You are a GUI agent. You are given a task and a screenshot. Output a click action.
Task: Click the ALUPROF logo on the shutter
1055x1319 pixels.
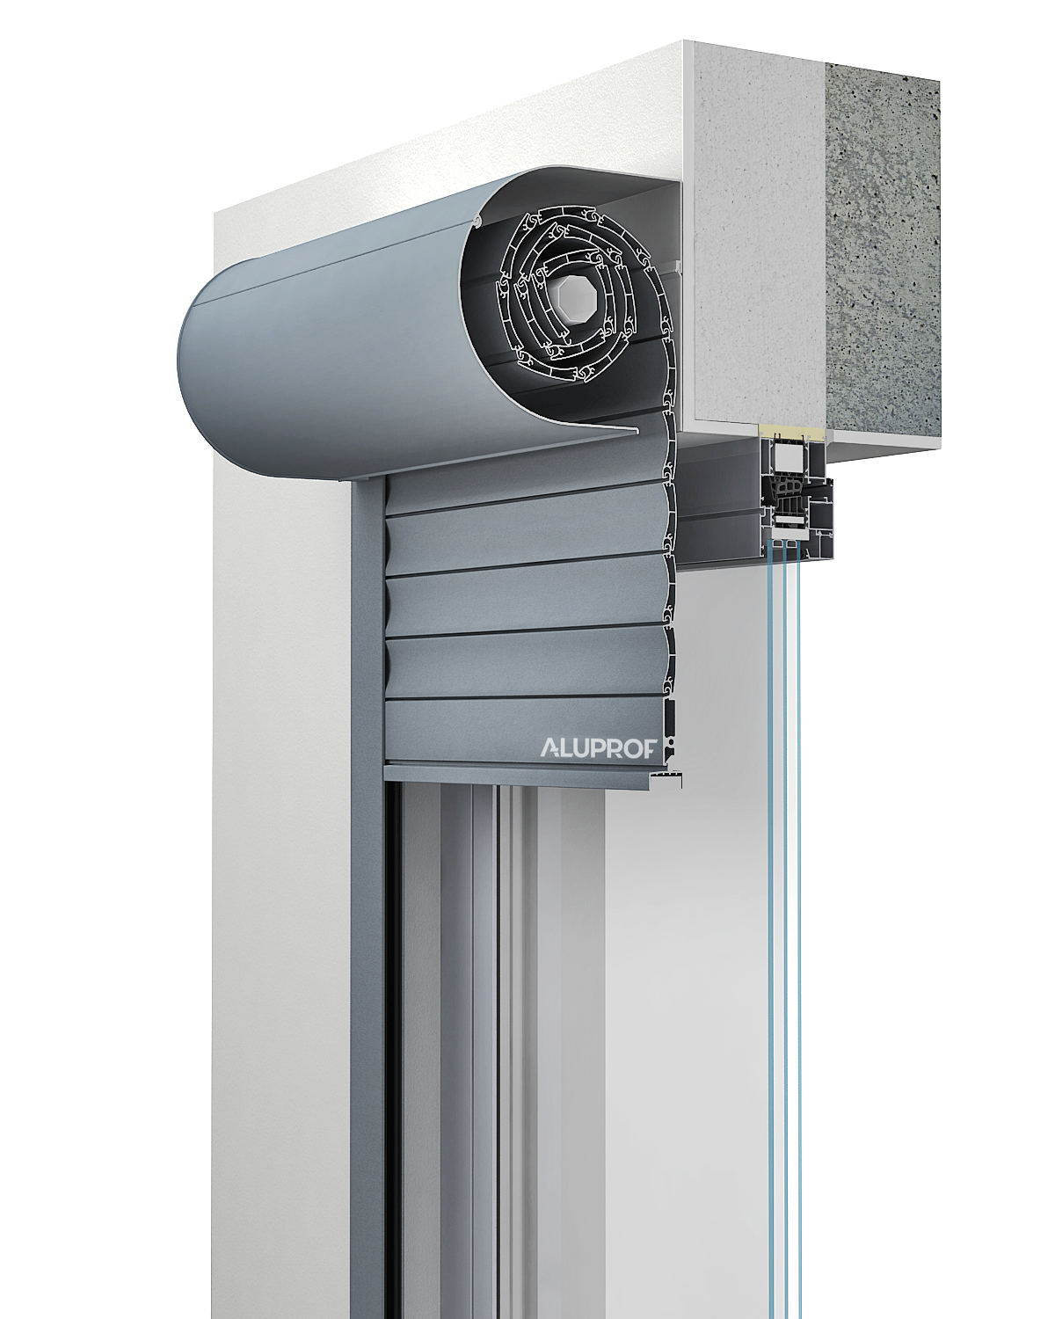(x=598, y=748)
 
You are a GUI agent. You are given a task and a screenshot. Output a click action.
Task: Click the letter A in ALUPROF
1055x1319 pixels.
(x=549, y=748)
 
